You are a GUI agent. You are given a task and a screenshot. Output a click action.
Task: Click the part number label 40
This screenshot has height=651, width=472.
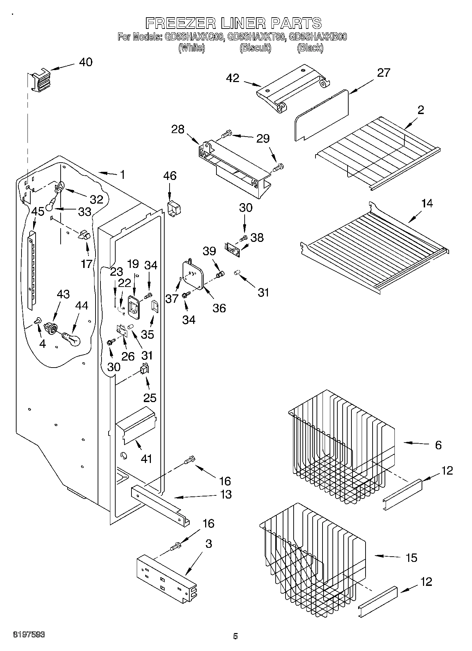coord(85,62)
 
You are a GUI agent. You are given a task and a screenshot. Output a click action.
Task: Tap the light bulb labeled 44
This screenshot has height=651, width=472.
coord(72,339)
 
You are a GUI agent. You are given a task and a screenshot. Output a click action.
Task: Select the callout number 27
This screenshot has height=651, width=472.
coord(384,73)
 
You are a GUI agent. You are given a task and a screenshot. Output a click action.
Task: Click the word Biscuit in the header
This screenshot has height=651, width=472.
coord(256,48)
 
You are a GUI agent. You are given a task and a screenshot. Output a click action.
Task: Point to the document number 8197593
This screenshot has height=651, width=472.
coord(29,634)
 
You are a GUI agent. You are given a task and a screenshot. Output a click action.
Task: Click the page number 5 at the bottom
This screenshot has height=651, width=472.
coord(235,636)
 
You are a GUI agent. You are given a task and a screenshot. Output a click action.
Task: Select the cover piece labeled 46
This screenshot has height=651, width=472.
coord(173,208)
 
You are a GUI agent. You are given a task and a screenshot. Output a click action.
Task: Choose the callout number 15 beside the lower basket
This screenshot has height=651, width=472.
coord(411,558)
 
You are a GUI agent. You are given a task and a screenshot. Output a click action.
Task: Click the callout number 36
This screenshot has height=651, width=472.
coord(219,308)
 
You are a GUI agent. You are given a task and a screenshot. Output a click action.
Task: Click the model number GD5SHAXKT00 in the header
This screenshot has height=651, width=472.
coord(256,37)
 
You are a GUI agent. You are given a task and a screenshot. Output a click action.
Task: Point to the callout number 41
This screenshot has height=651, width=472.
coord(146,459)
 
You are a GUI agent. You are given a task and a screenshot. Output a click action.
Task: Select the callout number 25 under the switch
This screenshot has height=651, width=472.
coord(150,398)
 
